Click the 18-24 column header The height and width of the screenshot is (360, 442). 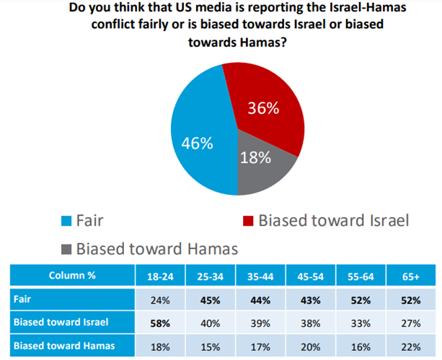[x=160, y=276]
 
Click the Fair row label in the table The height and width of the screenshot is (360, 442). [x=22, y=297]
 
